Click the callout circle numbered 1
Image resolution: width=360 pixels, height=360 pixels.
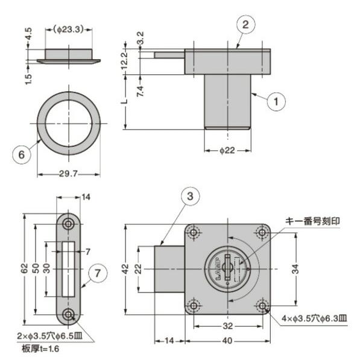[276, 102]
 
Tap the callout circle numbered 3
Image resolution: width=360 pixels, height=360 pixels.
[189, 196]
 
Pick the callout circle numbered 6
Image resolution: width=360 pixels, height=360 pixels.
[22, 154]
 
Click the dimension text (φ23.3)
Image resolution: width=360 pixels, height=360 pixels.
[68, 28]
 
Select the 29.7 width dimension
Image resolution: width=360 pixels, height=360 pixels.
[68, 174]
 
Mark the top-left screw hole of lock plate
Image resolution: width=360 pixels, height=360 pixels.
[193, 232]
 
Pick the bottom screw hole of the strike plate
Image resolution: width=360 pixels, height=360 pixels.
[69, 314]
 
